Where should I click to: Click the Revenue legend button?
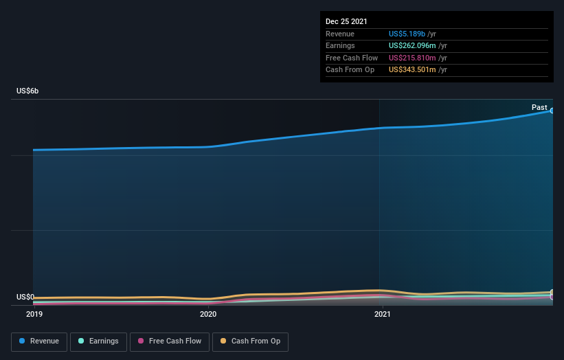pyautogui.click(x=39, y=341)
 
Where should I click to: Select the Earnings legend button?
pyautogui.click(x=99, y=341)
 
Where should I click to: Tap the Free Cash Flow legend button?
pyautogui.click(x=169, y=341)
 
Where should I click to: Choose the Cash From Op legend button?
pyautogui.click(x=250, y=341)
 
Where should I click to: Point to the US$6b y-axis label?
pyautogui.click(x=28, y=91)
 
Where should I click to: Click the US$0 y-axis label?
pyautogui.click(x=25, y=297)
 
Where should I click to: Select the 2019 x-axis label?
pyautogui.click(x=34, y=314)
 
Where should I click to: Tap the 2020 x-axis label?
pyautogui.click(x=208, y=314)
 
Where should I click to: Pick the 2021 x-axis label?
pyautogui.click(x=383, y=314)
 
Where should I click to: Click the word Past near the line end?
pyautogui.click(x=539, y=107)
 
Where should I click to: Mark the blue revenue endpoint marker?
pyautogui.click(x=552, y=111)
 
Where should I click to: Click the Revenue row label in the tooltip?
pyautogui.click(x=340, y=34)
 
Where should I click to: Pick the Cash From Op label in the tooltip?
pyautogui.click(x=350, y=69)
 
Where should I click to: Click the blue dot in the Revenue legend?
pyautogui.click(x=23, y=341)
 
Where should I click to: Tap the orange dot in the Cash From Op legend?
pyautogui.click(x=223, y=341)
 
